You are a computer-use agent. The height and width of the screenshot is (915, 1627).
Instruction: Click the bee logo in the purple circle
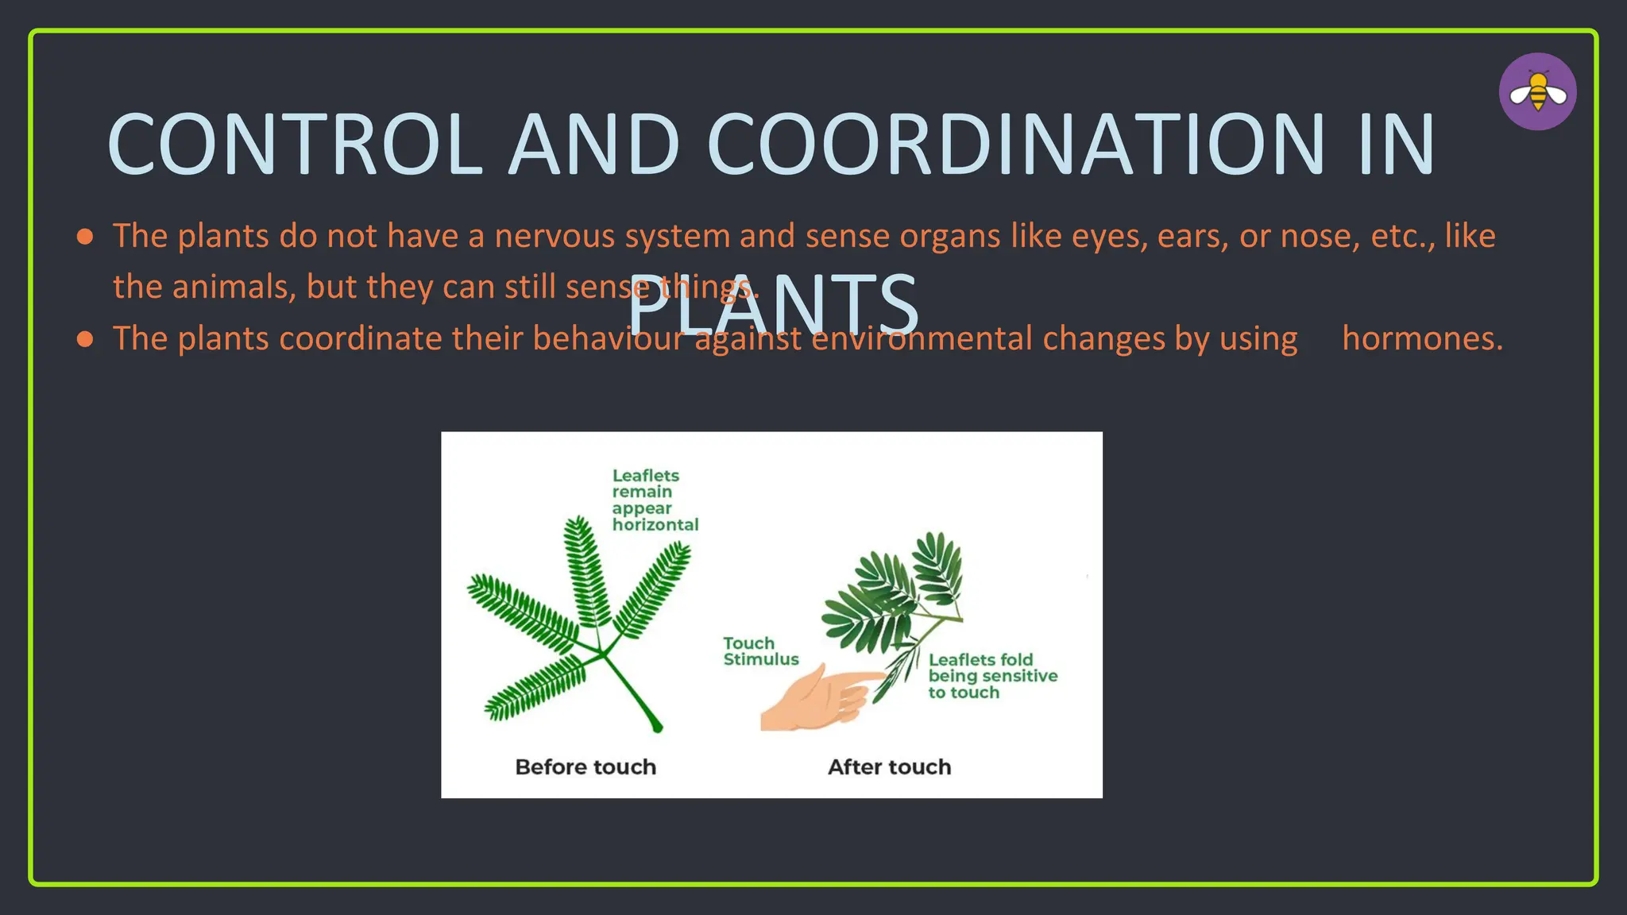click(x=1537, y=92)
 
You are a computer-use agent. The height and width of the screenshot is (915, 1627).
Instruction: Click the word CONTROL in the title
click(x=295, y=145)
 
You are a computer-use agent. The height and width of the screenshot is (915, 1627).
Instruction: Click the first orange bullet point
click(x=85, y=237)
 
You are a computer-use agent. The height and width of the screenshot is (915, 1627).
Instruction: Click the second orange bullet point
click(x=85, y=340)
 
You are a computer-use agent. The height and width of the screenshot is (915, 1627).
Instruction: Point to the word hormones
click(x=1422, y=339)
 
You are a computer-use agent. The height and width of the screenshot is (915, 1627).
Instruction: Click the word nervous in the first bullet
click(x=555, y=237)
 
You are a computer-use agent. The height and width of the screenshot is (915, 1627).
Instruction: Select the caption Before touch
click(x=585, y=767)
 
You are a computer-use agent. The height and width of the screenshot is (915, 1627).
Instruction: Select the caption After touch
click(x=889, y=767)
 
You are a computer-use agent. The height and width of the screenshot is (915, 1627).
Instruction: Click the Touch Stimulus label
click(x=760, y=651)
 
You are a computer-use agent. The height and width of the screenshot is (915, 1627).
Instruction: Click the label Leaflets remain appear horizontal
click(x=654, y=500)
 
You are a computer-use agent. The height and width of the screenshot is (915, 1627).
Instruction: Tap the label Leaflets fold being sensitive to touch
click(x=992, y=676)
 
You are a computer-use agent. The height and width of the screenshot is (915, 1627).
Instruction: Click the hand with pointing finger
click(x=818, y=697)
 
